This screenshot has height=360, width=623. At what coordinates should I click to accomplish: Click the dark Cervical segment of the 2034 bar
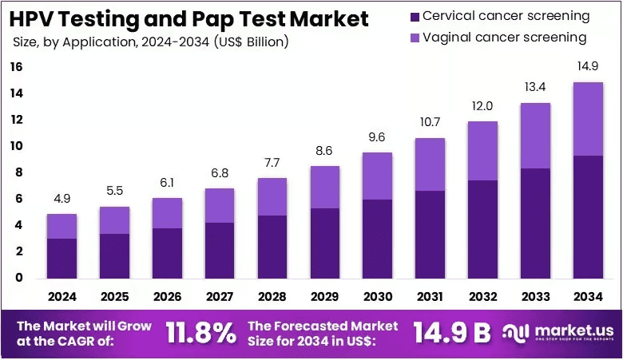click(588, 217)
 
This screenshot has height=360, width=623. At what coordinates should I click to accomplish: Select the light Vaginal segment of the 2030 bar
click(378, 176)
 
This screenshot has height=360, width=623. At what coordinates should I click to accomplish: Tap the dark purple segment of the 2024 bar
click(62, 259)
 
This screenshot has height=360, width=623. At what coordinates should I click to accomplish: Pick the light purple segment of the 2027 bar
click(220, 206)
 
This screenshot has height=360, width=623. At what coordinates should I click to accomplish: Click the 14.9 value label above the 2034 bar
click(588, 66)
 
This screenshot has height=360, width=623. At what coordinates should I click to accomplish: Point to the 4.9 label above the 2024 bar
click(62, 199)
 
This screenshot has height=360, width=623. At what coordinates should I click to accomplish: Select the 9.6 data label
click(377, 137)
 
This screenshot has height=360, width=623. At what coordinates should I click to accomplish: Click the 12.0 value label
click(482, 106)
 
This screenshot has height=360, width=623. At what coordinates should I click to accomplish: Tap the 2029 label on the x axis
click(324, 296)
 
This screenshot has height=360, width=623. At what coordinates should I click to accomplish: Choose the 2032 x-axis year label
click(482, 296)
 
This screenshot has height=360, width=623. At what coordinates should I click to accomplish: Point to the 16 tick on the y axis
click(16, 67)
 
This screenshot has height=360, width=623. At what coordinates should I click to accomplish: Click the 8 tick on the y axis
click(19, 172)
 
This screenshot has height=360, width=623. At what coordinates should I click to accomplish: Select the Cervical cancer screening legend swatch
click(415, 17)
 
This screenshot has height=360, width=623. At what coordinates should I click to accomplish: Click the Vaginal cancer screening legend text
click(505, 38)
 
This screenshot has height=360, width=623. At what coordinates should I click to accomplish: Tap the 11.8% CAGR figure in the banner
click(200, 333)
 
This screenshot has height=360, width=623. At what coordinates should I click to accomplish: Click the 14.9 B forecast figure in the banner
click(452, 332)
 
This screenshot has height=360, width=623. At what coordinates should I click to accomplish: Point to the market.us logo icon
click(516, 333)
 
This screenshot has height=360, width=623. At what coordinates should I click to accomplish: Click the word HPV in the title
click(34, 19)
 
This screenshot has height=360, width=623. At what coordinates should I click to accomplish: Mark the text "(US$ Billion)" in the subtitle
click(251, 42)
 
